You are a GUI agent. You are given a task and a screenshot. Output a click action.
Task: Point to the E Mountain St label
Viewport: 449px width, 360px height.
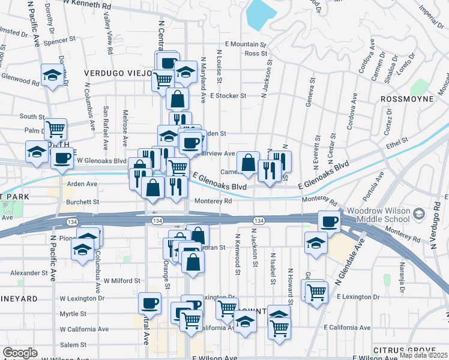(245, 44)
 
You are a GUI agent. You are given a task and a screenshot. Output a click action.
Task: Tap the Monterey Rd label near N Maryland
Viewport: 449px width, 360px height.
(211, 202)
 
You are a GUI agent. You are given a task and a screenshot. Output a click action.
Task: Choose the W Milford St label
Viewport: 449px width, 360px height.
(122, 280)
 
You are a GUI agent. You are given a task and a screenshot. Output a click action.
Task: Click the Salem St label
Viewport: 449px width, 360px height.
(73, 344)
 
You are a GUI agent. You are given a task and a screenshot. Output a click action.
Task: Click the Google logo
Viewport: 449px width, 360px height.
(20, 353)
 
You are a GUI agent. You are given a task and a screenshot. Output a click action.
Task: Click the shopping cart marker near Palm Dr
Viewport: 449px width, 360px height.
(55, 128)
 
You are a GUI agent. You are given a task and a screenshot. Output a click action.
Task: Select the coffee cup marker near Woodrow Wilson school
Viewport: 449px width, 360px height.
(329, 221)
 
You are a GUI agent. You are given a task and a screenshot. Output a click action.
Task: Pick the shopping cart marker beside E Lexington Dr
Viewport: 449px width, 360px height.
(316, 292)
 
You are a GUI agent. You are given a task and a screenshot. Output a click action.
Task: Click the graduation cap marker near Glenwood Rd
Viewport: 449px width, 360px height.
(53, 75)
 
